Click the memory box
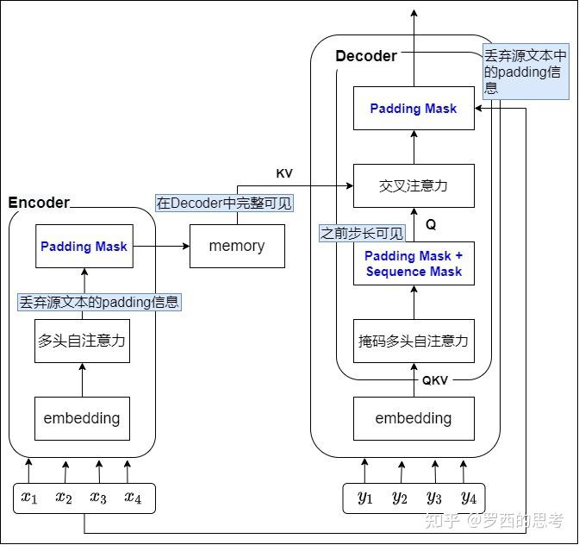coord(237,246)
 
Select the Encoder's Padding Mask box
coord(83,246)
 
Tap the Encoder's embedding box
coord(82,418)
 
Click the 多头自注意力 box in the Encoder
coord(82,341)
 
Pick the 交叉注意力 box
coord(414,185)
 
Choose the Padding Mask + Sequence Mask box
coord(414,264)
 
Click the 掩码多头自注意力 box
coord(414,341)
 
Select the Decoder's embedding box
coord(414,418)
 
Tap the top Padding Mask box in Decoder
coord(414,109)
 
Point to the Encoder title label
coord(39,203)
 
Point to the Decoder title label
coord(366,56)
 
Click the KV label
coord(284,173)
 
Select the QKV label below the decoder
coord(434,380)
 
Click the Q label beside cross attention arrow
coord(431,224)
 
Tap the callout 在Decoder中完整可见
coord(224,204)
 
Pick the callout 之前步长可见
coord(362,233)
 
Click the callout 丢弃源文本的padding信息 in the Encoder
coord(100,302)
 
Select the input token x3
coord(98,498)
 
